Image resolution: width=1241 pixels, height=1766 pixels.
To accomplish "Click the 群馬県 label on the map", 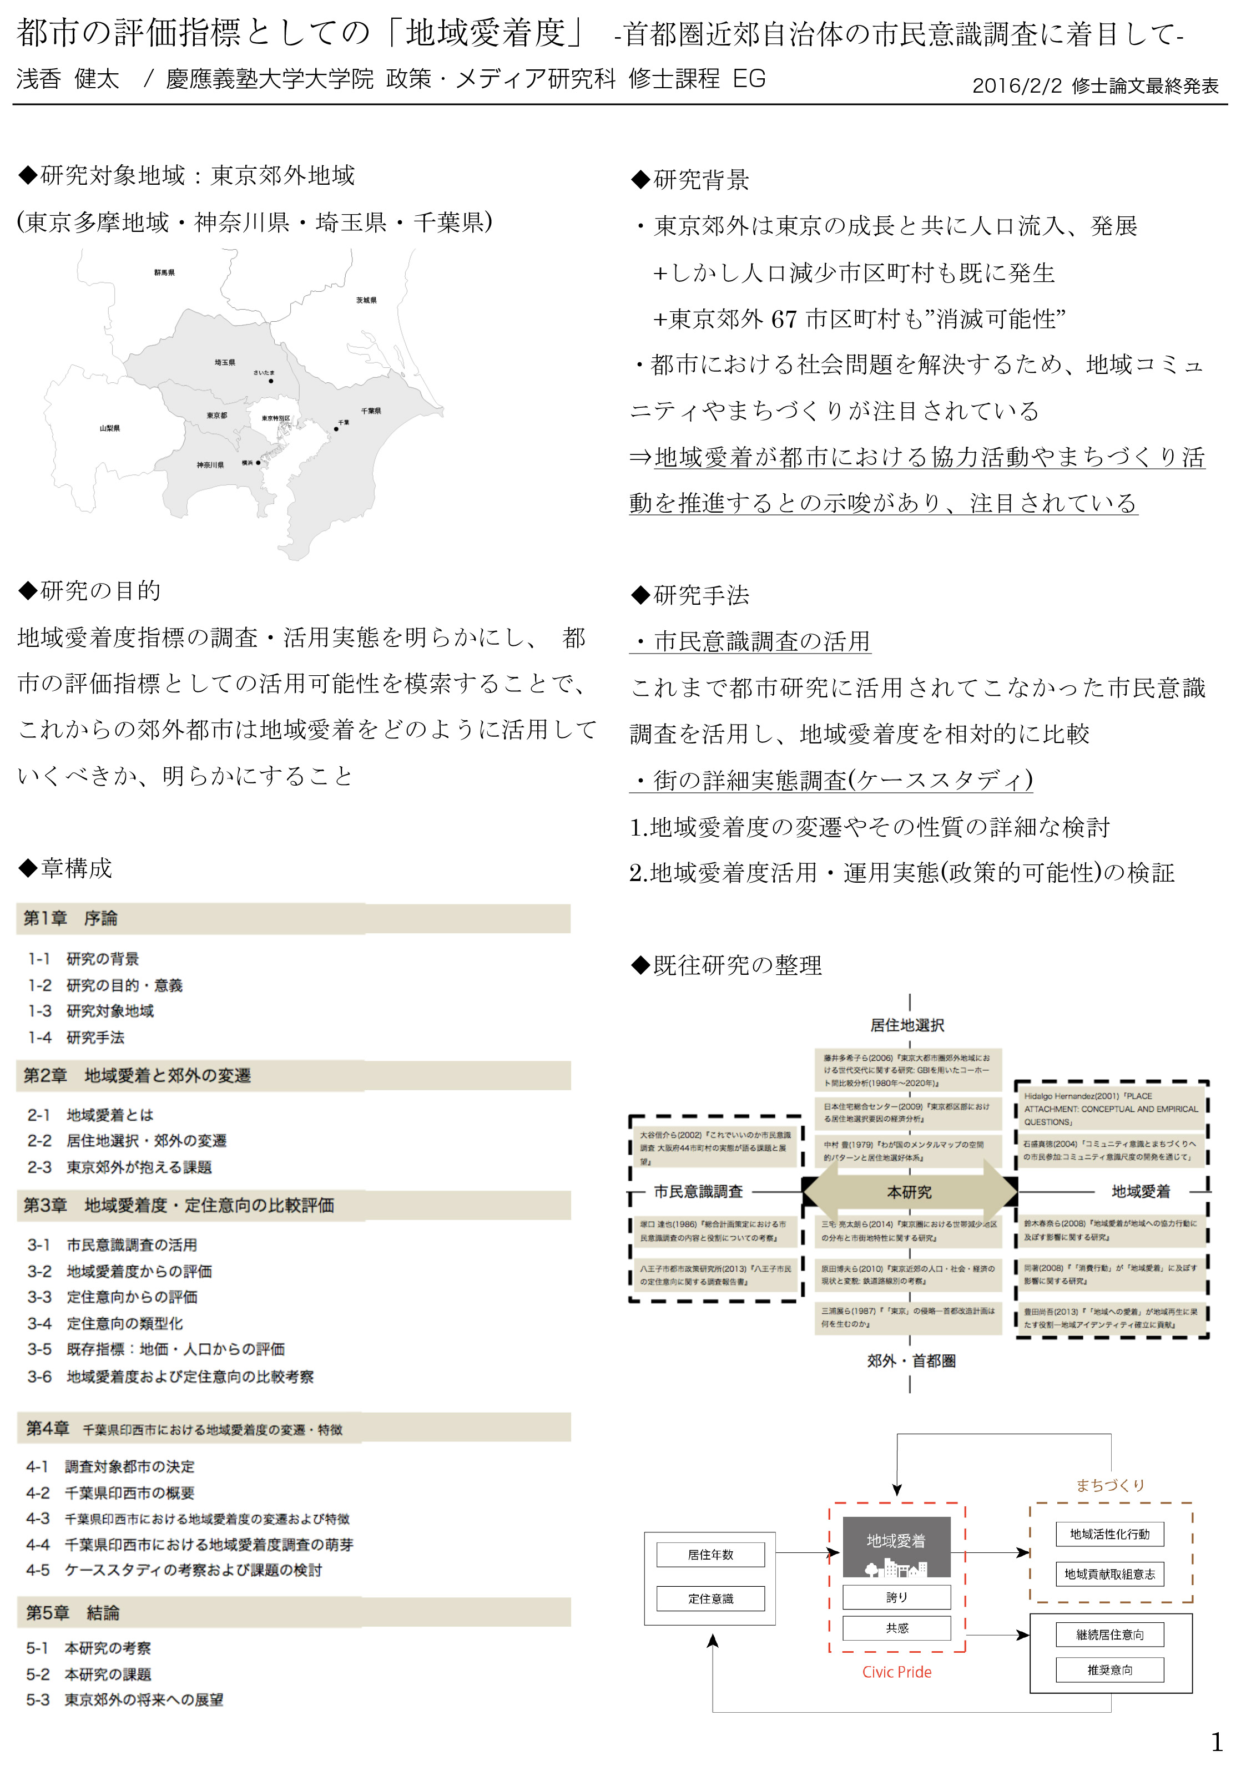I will tap(164, 272).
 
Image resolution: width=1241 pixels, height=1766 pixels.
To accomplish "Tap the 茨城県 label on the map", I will tap(366, 300).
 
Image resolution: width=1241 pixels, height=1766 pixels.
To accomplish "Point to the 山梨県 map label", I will tap(109, 428).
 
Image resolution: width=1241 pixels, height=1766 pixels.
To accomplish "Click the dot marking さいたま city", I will tap(271, 381).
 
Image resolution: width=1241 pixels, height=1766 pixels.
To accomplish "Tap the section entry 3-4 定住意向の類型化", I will tap(105, 1323).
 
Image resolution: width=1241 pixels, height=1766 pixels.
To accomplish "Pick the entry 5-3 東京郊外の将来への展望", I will tap(125, 1699).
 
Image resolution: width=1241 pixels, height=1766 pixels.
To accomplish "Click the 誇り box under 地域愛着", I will tap(896, 1597).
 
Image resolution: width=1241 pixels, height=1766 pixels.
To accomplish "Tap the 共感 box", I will tap(896, 1627).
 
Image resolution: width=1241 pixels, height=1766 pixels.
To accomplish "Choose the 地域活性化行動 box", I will tap(1109, 1534).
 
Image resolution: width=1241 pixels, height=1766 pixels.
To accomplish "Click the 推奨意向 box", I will tap(1109, 1669).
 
